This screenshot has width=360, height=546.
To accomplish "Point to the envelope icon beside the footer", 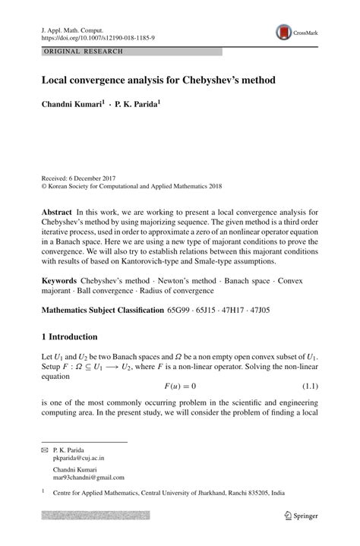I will [44, 451].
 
